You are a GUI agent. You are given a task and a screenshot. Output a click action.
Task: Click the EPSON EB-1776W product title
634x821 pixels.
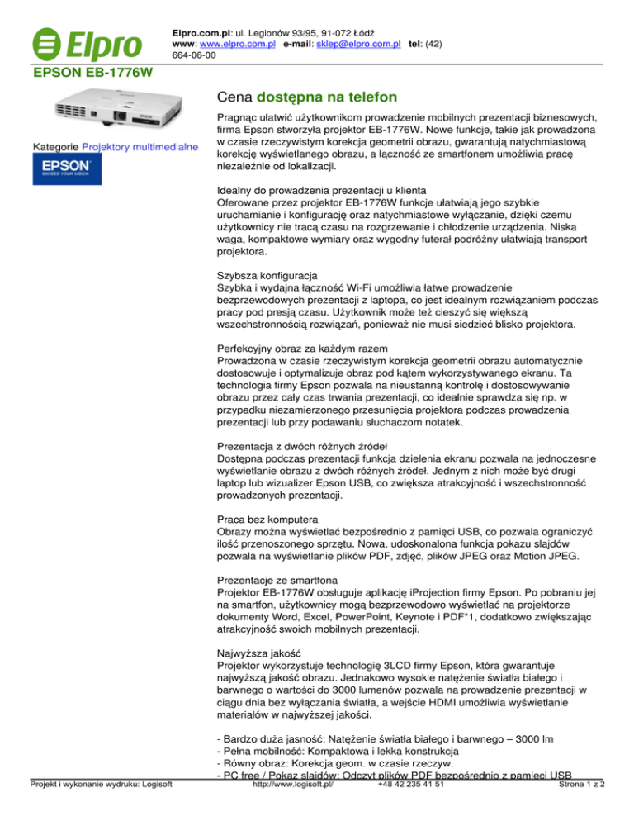point(92,74)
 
